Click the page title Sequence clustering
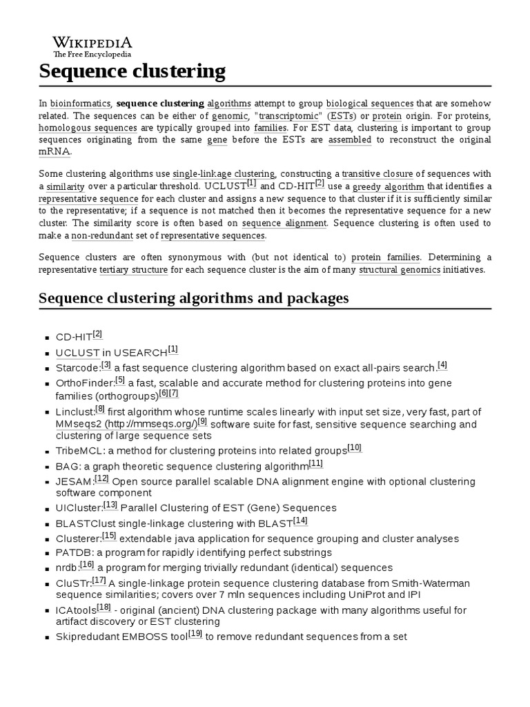[x=132, y=70]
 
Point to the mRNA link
[x=55, y=152]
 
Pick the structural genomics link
[x=399, y=270]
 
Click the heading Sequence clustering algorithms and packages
[x=194, y=298]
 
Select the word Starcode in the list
[x=77, y=368]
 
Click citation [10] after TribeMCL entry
[x=354, y=448]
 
